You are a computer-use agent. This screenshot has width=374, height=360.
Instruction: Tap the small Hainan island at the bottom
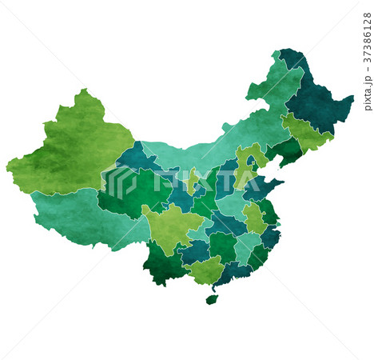coord(211,299)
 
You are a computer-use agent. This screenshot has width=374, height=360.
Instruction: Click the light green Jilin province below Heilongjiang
coord(308,134)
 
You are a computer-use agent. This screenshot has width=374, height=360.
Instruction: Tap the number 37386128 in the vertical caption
coord(367,39)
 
